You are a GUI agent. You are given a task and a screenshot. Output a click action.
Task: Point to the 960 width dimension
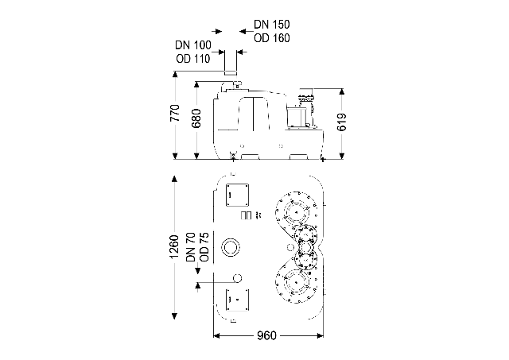click(x=266, y=336)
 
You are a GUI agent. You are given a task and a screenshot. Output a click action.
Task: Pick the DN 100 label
click(x=192, y=45)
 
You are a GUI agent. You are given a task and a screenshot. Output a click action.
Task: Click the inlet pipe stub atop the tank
click(x=232, y=64)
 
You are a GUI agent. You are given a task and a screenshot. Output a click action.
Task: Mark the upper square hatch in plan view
click(x=237, y=195)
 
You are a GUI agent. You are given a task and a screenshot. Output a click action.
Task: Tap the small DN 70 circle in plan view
click(x=236, y=279)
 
